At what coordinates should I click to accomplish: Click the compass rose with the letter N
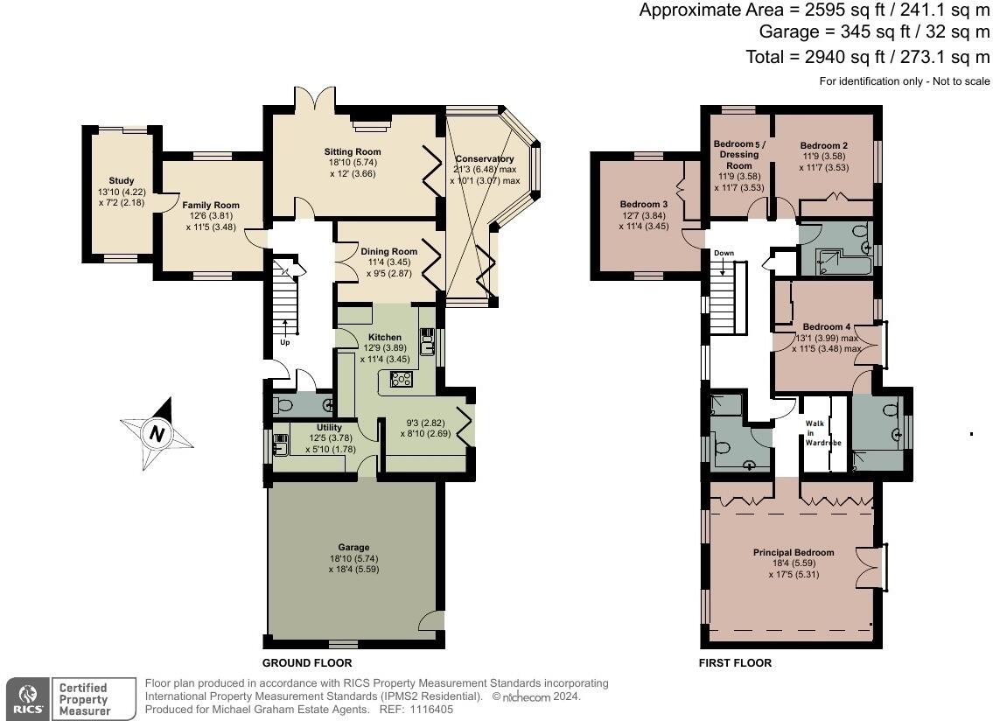coord(157,433)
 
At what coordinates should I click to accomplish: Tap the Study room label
coord(122,181)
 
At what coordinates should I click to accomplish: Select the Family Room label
coord(211,206)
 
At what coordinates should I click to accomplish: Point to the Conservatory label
coord(484,159)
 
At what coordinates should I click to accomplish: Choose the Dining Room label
coord(388,252)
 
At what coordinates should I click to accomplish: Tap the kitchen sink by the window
coord(427,341)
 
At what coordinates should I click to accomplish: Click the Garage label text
coord(354,548)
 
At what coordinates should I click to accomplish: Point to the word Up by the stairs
coord(284,342)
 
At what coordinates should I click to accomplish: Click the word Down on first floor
coord(724,254)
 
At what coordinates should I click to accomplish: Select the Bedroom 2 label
coord(823,145)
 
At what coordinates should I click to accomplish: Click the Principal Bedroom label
coord(794,553)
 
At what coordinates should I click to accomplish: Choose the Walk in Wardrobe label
coord(816,433)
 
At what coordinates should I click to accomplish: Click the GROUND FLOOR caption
coord(307,663)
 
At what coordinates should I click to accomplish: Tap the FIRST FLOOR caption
coord(735,663)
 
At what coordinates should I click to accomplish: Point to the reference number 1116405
coord(430,710)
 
